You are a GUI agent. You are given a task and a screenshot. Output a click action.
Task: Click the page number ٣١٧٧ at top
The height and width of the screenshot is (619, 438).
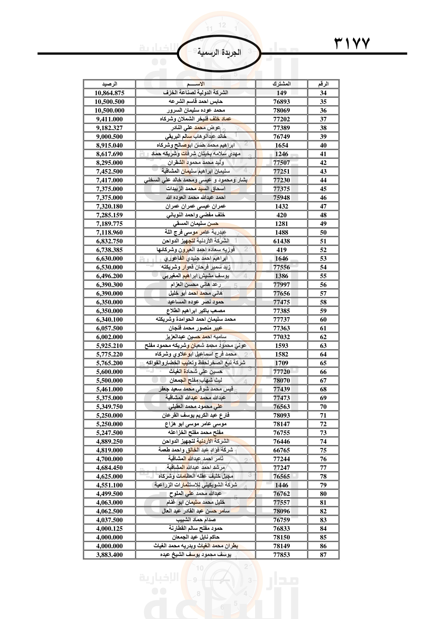[x=352, y=43]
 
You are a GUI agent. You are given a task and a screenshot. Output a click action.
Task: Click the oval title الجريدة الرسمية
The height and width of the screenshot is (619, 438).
[x=219, y=53]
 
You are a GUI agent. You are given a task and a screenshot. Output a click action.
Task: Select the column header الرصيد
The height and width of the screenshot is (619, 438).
[x=110, y=84]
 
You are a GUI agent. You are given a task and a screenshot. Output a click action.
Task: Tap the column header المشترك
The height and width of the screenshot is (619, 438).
[x=281, y=84]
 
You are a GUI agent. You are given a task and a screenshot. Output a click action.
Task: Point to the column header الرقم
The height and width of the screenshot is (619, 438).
[x=323, y=84]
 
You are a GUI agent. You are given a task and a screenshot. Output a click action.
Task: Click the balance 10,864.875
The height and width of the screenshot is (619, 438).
[x=110, y=93]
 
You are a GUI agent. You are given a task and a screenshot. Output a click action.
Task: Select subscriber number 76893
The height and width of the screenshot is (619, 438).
[x=281, y=102]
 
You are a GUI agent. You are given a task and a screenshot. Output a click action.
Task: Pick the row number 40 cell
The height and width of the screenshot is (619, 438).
[x=323, y=145]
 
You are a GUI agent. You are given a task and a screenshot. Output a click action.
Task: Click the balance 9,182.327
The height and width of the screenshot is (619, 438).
[x=110, y=128]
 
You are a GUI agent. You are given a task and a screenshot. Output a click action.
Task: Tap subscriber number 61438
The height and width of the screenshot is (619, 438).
[x=281, y=241]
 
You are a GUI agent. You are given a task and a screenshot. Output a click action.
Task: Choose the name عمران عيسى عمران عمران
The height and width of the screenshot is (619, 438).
[x=195, y=206]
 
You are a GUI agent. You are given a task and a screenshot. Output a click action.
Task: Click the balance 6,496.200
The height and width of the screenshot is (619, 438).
[x=110, y=276]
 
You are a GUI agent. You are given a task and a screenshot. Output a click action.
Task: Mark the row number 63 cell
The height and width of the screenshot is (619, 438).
[x=323, y=346]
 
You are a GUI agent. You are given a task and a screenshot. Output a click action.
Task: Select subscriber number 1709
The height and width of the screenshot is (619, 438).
[x=281, y=363]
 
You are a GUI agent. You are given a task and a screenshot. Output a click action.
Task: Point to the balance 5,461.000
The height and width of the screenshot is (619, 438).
[x=110, y=389]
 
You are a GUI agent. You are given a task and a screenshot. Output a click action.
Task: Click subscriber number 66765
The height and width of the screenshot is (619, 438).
[x=281, y=450]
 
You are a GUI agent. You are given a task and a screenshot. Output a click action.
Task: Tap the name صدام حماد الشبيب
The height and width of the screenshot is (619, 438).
[x=195, y=519]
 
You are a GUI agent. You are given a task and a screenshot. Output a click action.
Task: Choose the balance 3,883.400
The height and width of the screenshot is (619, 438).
[x=110, y=555]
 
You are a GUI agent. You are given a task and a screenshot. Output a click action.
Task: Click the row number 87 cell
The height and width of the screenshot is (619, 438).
[x=323, y=555]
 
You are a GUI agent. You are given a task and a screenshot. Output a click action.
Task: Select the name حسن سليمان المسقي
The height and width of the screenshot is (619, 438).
[x=195, y=224]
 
